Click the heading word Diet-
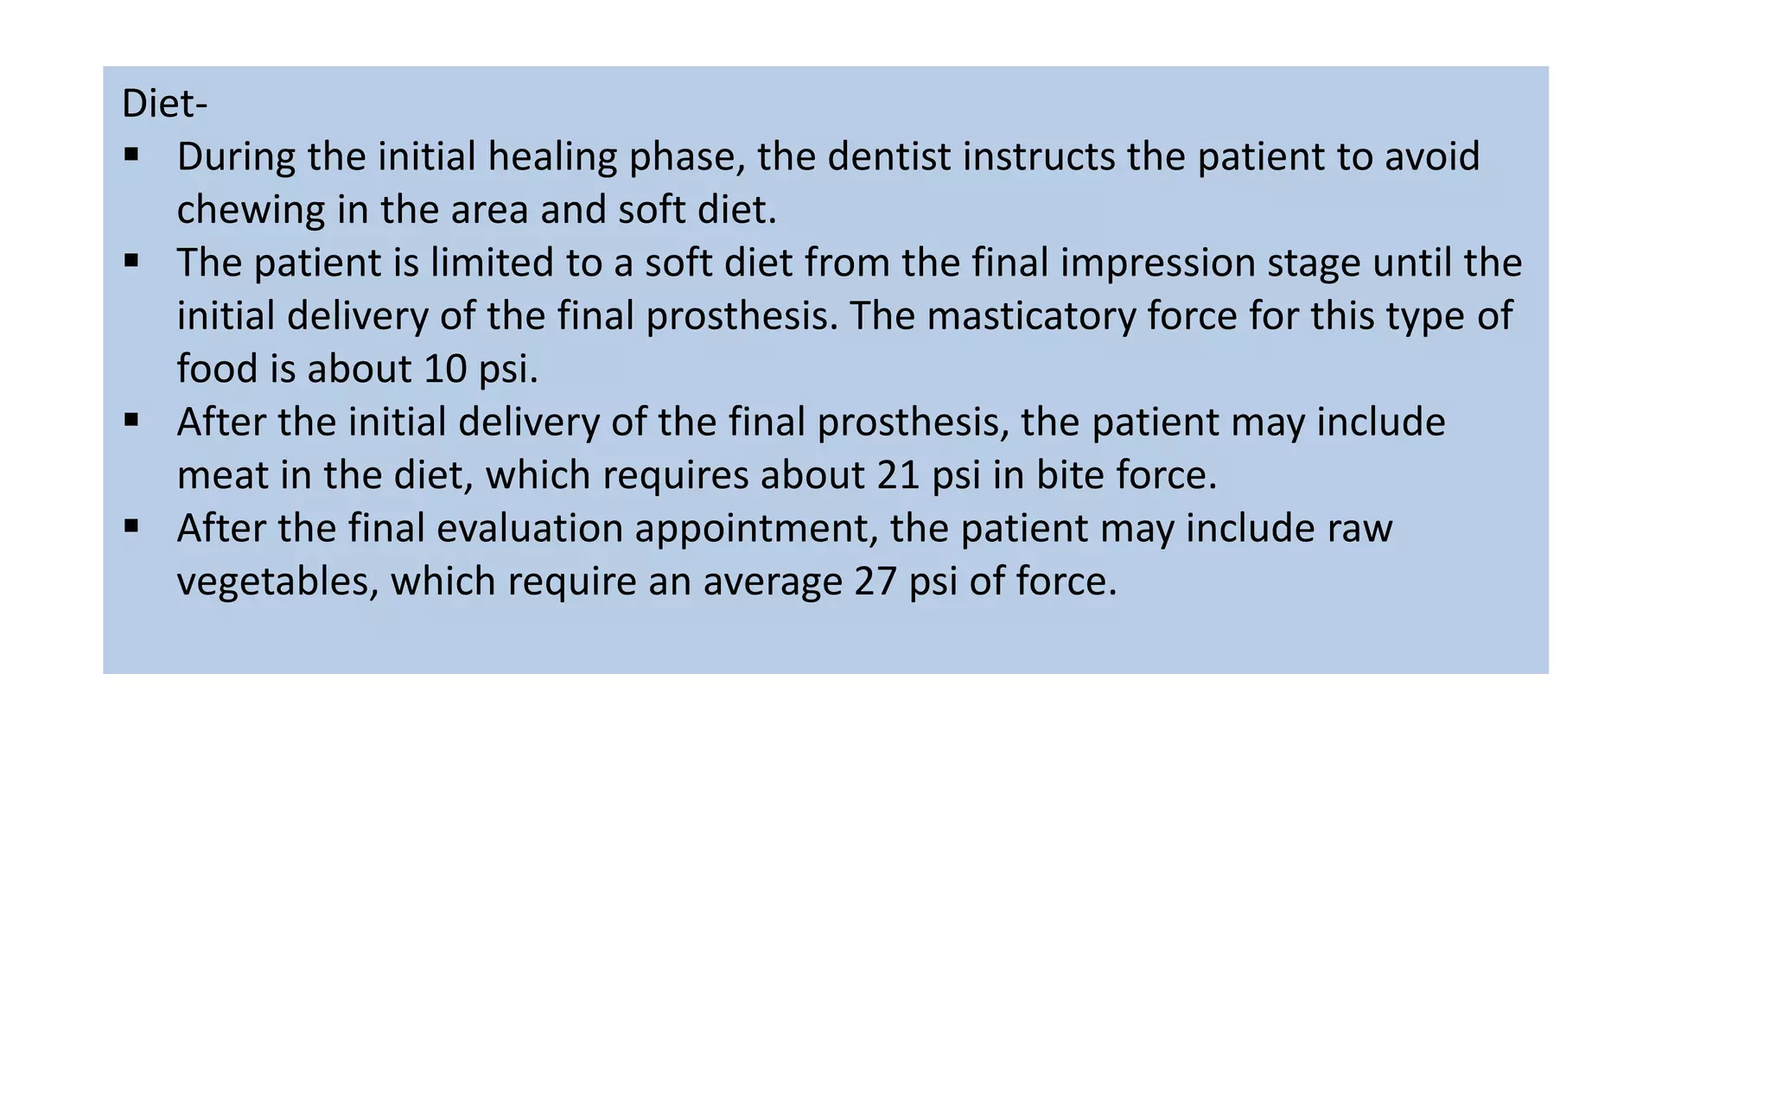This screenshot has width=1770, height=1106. pyautogui.click(x=164, y=104)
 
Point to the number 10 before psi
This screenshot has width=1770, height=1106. pyautogui.click(x=446, y=369)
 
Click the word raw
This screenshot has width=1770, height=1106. pyautogui.click(x=1360, y=528)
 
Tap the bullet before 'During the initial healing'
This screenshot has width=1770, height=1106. pyautogui.click(x=131, y=156)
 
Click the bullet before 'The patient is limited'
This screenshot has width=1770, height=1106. pyautogui.click(x=131, y=261)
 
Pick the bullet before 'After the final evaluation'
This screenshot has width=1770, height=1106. pyautogui.click(x=131, y=526)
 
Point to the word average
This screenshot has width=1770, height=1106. pyautogui.click(x=773, y=582)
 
